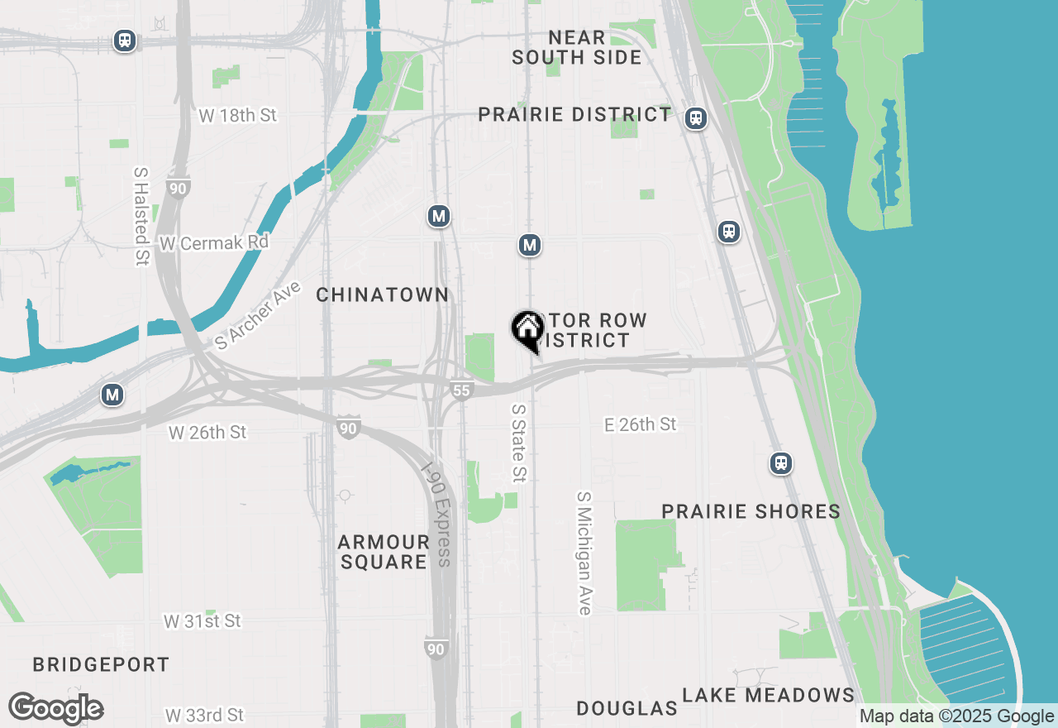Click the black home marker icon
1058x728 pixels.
click(527, 330)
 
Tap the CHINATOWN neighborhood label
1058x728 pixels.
click(383, 295)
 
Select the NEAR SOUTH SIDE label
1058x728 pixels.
click(577, 48)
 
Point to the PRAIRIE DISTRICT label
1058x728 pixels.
click(575, 115)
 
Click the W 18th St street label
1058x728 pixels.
click(238, 116)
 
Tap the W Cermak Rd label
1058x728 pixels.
click(215, 244)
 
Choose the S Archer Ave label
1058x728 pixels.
click(258, 315)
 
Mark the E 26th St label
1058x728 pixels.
click(641, 424)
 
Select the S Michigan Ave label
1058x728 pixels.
click(584, 553)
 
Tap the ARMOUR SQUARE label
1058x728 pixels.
click(384, 552)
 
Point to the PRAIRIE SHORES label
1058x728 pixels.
click(751, 512)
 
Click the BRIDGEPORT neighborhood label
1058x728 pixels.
click(101, 664)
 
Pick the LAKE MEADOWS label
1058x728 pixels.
click(769, 695)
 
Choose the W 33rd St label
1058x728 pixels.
click(204, 714)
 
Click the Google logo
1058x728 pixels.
click(56, 709)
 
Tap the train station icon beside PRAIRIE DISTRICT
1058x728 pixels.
click(696, 119)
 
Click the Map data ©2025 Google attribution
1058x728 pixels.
click(956, 716)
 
